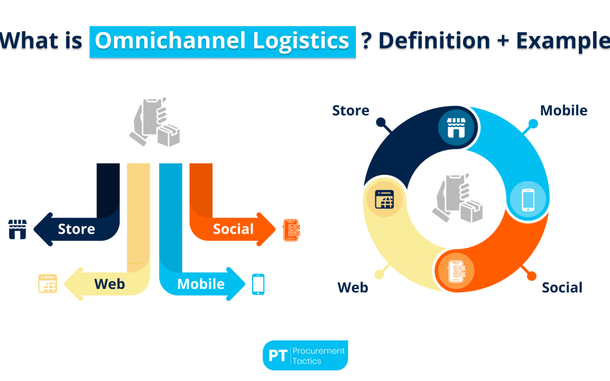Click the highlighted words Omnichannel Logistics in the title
coord(222,41)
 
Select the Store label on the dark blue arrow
coord(76,229)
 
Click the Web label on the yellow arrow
coord(110,283)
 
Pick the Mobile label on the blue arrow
coord(201,284)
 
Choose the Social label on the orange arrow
coord(233,229)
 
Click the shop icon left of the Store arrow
coord(18,229)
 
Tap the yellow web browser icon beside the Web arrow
coord(47,283)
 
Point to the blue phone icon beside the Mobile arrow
coord(258,284)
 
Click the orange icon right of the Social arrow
coord(291,229)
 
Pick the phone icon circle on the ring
coord(528,199)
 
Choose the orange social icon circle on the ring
coord(456,270)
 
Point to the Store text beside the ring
coord(351,110)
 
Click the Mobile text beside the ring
coord(563,110)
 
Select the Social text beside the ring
coord(562,287)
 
